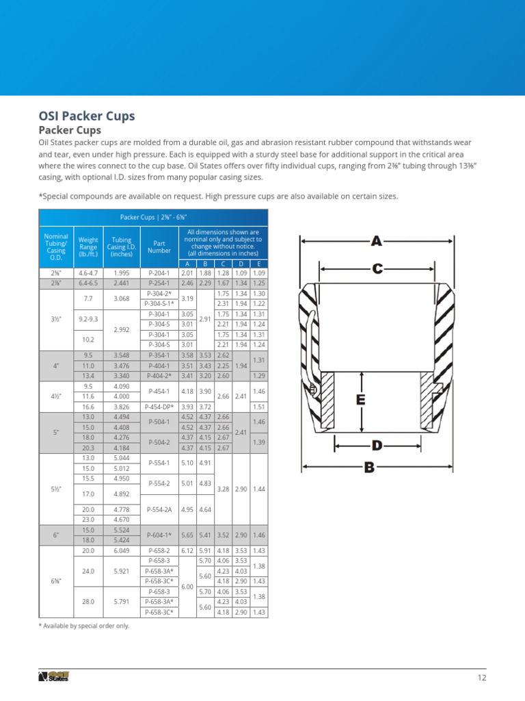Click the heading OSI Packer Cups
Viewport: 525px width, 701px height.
coord(86,116)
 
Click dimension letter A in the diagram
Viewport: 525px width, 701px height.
coord(377,241)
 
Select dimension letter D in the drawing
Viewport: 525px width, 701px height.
coord(377,446)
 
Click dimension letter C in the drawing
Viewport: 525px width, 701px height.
coord(377,269)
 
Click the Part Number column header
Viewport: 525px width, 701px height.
coord(159,246)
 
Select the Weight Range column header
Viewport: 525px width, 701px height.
coord(88,246)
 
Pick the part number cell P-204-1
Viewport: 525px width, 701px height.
coord(159,272)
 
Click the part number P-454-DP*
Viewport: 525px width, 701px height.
coord(159,406)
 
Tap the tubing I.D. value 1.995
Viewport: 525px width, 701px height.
coord(122,272)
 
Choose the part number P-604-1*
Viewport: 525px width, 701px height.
coord(159,535)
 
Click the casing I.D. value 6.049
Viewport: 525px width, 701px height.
coord(122,550)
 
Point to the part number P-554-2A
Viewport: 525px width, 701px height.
coord(159,509)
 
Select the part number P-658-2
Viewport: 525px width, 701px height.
coord(159,550)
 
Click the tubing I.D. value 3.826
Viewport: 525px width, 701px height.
coord(122,406)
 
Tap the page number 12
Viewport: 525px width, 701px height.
coord(481,678)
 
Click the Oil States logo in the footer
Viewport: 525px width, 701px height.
coord(54,677)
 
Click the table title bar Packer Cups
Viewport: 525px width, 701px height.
coord(154,217)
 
